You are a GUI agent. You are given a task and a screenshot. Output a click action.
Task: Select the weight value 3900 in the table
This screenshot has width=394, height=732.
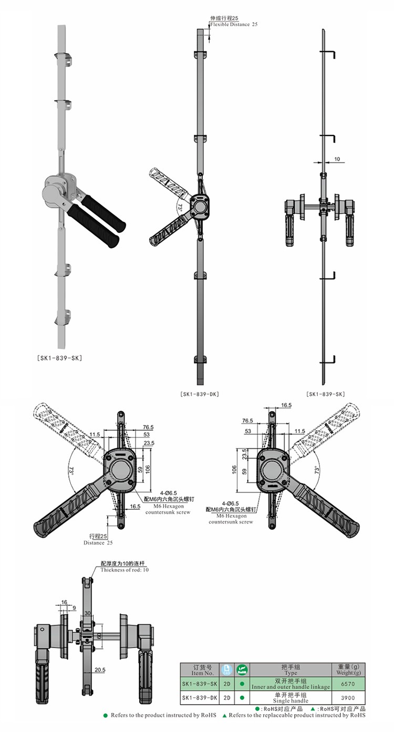(x=348, y=698)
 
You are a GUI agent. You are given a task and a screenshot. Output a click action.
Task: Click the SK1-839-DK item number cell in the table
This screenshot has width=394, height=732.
(x=199, y=698)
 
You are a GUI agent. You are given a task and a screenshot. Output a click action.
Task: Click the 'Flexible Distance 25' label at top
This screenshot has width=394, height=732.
(x=234, y=25)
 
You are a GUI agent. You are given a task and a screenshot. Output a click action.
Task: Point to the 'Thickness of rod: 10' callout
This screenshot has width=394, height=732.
(x=124, y=570)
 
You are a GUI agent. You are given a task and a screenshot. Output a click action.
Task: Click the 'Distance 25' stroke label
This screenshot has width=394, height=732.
(x=98, y=543)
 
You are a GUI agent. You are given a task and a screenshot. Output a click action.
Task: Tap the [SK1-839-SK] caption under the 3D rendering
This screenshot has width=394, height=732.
(x=59, y=358)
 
